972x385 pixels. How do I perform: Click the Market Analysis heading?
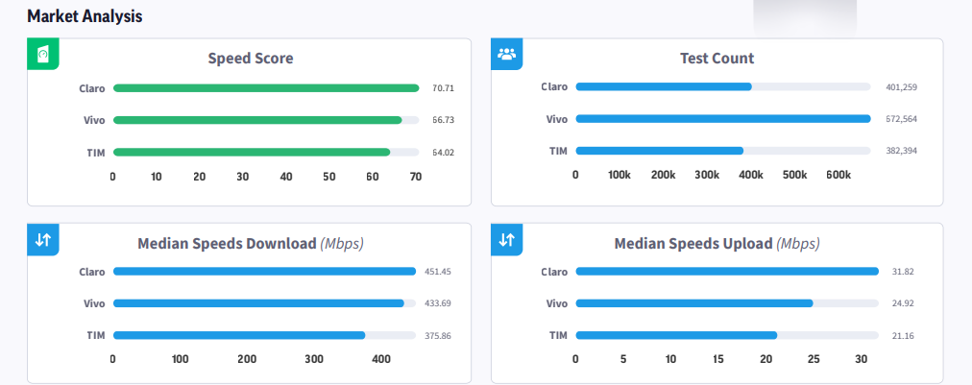pyautogui.click(x=85, y=16)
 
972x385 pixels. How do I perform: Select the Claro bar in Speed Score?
pyautogui.click(x=266, y=88)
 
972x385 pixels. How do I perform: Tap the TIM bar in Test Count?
pyautogui.click(x=659, y=151)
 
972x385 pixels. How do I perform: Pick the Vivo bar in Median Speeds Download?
pyautogui.click(x=258, y=303)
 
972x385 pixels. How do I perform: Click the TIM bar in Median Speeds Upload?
pyautogui.click(x=675, y=335)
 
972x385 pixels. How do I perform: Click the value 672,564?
pyautogui.click(x=901, y=119)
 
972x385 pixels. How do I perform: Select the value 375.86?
pyautogui.click(x=437, y=335)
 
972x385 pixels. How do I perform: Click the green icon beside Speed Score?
pyautogui.click(x=43, y=54)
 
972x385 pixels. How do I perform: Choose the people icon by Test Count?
pyautogui.click(x=506, y=54)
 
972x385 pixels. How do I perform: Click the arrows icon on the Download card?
pyautogui.click(x=43, y=239)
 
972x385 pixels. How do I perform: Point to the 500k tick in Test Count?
pyautogui.click(x=794, y=175)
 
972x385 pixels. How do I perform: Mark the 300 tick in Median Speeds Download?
pyautogui.click(x=314, y=359)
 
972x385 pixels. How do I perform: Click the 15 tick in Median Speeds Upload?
pyautogui.click(x=718, y=359)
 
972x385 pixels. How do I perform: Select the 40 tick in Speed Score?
pyautogui.click(x=286, y=177)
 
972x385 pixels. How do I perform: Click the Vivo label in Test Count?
pyautogui.click(x=556, y=119)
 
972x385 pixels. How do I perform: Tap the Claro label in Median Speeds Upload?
pyautogui.click(x=554, y=271)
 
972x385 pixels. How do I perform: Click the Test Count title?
pyautogui.click(x=717, y=59)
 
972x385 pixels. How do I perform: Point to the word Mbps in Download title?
pyautogui.click(x=342, y=244)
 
